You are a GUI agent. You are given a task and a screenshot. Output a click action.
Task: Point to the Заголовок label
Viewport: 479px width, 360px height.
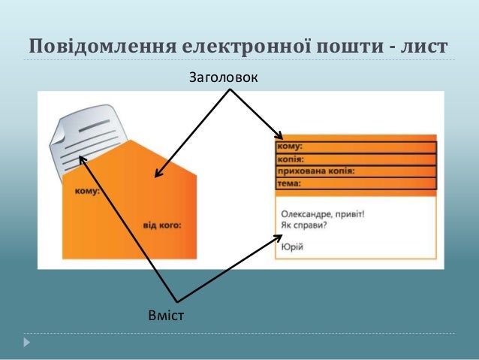221,77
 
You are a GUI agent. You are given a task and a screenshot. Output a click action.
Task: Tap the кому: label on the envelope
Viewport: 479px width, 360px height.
87,191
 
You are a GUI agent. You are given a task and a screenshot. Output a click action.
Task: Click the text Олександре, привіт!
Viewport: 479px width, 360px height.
323,213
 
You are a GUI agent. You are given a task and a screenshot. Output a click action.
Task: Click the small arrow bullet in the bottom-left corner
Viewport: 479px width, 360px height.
28,343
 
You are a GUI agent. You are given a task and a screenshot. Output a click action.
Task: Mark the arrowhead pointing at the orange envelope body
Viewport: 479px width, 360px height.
158,175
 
